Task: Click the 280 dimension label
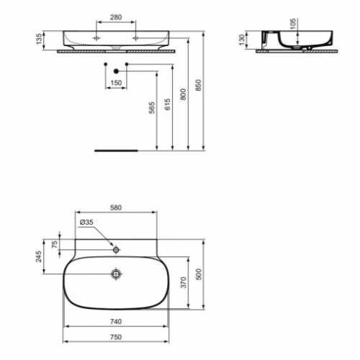click(x=116, y=17)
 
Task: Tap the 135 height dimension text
click(x=39, y=39)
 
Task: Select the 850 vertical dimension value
click(x=198, y=85)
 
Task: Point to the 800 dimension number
click(x=183, y=94)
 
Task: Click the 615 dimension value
click(x=168, y=104)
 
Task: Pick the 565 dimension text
click(x=152, y=108)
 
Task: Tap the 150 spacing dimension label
click(x=116, y=83)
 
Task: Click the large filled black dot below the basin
click(x=116, y=71)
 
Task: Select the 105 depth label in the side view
click(x=294, y=24)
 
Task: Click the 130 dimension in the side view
click(x=242, y=40)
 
